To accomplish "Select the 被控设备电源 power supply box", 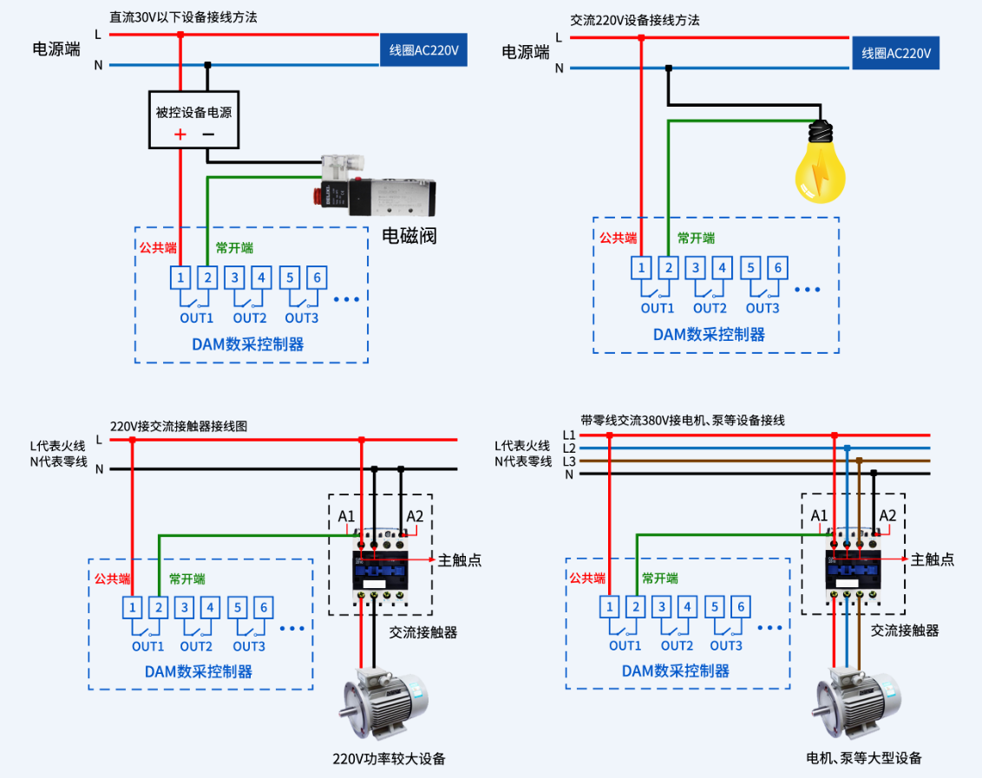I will [193, 121].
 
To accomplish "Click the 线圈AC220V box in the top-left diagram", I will [423, 50].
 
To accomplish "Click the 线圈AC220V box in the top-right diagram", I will [895, 53].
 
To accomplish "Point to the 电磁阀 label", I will [409, 236].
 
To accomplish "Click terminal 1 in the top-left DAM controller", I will [180, 278].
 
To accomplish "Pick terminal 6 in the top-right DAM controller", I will [777, 268].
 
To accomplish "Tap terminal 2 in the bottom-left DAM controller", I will [159, 607].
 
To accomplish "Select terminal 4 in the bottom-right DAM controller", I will [687, 606].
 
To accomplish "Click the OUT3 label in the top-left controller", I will [302, 317].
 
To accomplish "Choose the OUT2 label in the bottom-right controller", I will [677, 645].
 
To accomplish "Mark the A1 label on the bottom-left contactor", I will [346, 516].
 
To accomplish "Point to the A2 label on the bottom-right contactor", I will [887, 515].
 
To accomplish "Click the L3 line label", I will [569, 461].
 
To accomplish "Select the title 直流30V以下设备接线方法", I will [183, 16].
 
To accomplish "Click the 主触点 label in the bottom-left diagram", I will [460, 560].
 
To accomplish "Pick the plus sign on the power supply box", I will [180, 134].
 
